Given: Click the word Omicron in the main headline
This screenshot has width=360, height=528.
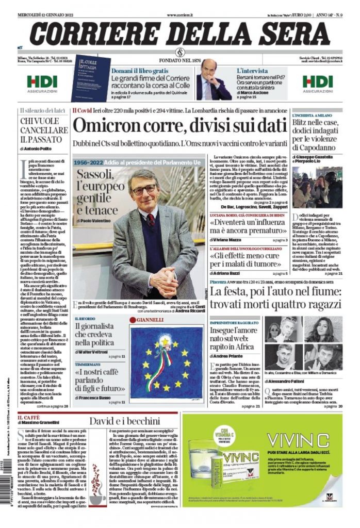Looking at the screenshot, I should pyautogui.click(x=106, y=126).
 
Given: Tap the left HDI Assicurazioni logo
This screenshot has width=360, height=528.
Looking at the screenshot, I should pyautogui.click(x=42, y=83).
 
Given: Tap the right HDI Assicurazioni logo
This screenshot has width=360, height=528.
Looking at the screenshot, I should pyautogui.click(x=317, y=83).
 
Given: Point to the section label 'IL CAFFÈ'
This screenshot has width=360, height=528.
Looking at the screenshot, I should pyautogui.click(x=28, y=418).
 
